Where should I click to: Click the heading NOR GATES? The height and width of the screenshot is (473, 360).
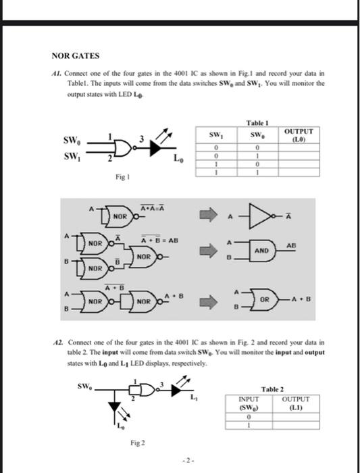tap(76, 55)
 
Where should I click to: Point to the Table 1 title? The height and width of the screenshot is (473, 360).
tap(259, 121)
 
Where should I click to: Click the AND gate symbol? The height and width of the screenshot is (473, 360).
tap(263, 250)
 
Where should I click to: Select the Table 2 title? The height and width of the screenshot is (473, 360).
tap(272, 390)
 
